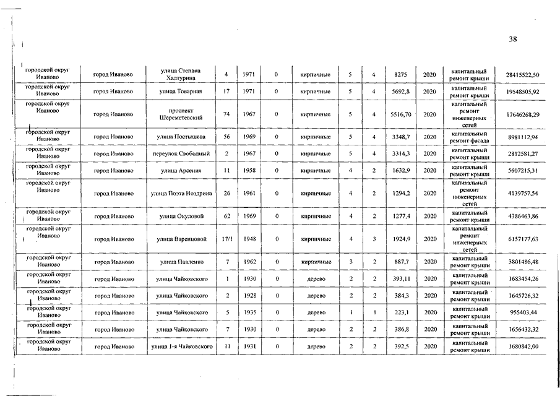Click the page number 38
[512, 39]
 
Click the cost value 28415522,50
[522, 75]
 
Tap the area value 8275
[399, 75]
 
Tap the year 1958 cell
[249, 170]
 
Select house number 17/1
[227, 239]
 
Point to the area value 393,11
[399, 279]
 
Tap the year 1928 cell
[249, 296]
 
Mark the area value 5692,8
[399, 92]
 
